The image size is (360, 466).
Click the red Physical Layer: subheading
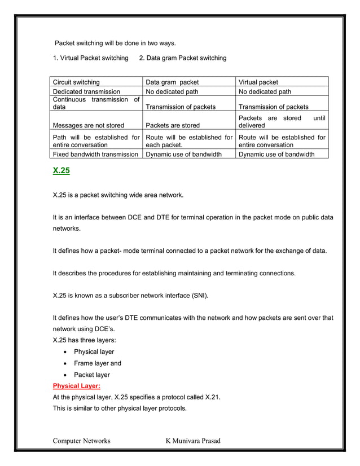pos(76,386)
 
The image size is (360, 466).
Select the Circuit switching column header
pos(76,82)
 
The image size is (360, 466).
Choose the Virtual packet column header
pos(258,82)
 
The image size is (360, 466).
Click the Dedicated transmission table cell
pos(86,91)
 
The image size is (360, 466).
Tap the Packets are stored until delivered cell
pos(282,121)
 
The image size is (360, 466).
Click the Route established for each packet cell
pos(188,140)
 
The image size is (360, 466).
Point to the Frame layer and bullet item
pos(97,363)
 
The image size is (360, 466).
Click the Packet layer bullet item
pos(92,375)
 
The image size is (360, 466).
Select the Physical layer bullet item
pos(94,352)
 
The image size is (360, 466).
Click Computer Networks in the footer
pos(81,441)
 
